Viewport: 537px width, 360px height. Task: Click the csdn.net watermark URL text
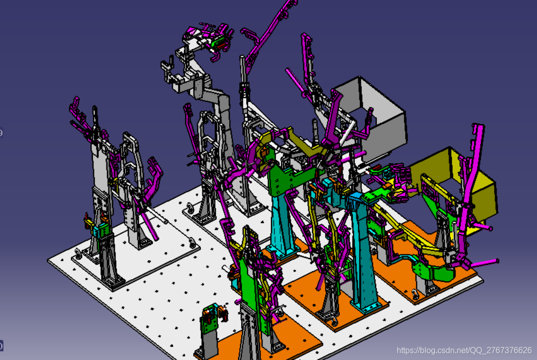click(464, 350)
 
